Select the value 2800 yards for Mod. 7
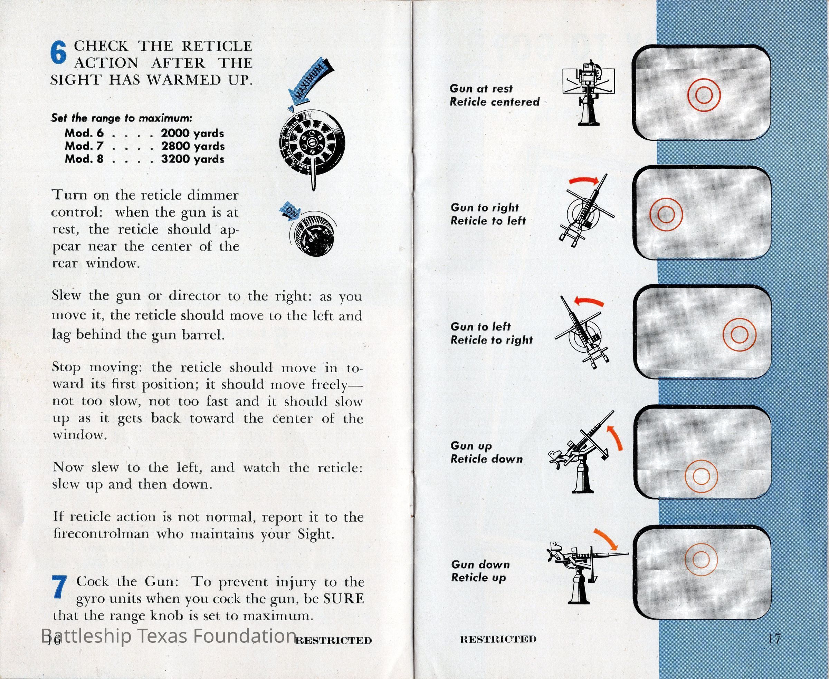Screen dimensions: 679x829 click(193, 146)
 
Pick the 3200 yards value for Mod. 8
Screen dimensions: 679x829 click(193, 159)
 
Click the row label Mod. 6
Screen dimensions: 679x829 click(84, 134)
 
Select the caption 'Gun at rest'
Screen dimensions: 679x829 click(481, 89)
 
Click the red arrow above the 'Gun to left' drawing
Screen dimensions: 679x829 click(589, 302)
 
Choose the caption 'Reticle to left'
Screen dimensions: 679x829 click(488, 221)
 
